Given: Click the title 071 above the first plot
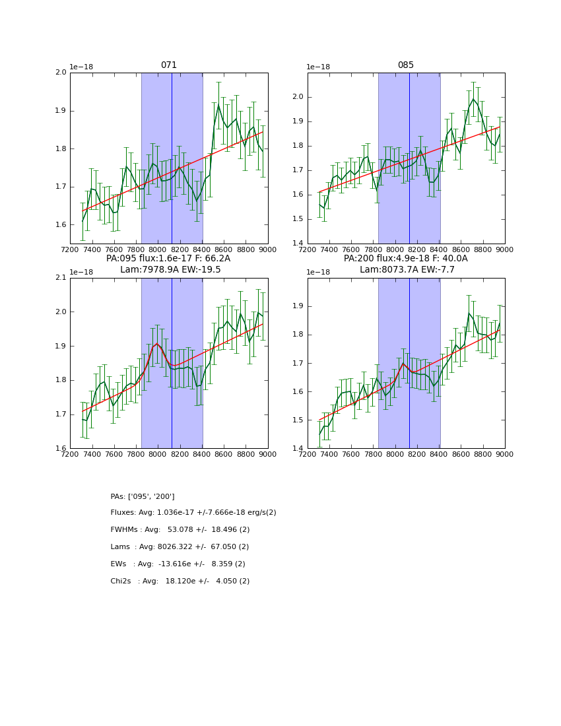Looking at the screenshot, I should coord(169,65).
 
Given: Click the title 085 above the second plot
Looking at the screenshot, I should coord(405,65).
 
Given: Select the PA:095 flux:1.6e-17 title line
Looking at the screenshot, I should coord(168,259).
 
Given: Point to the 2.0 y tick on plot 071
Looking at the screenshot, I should coord(61,73).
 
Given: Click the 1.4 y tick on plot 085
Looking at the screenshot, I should coord(298,244).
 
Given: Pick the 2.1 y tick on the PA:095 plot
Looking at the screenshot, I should coord(61,278).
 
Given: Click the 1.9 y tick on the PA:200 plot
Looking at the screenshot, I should coord(298,306).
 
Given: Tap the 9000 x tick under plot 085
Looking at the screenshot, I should coord(505,250).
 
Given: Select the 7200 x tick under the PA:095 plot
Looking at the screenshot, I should coord(70,455).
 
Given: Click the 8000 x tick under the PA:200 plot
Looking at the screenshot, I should coord(395,455).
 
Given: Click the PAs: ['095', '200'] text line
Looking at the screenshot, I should coord(143,496).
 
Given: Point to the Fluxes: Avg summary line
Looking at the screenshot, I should coord(193,513).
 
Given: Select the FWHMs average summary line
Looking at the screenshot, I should coord(180,530).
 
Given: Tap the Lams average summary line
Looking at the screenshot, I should coord(180,547).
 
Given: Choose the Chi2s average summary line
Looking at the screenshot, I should coord(180,581).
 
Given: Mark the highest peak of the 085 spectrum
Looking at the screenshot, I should coord(473,99).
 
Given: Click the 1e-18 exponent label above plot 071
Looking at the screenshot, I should coord(82,67).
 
